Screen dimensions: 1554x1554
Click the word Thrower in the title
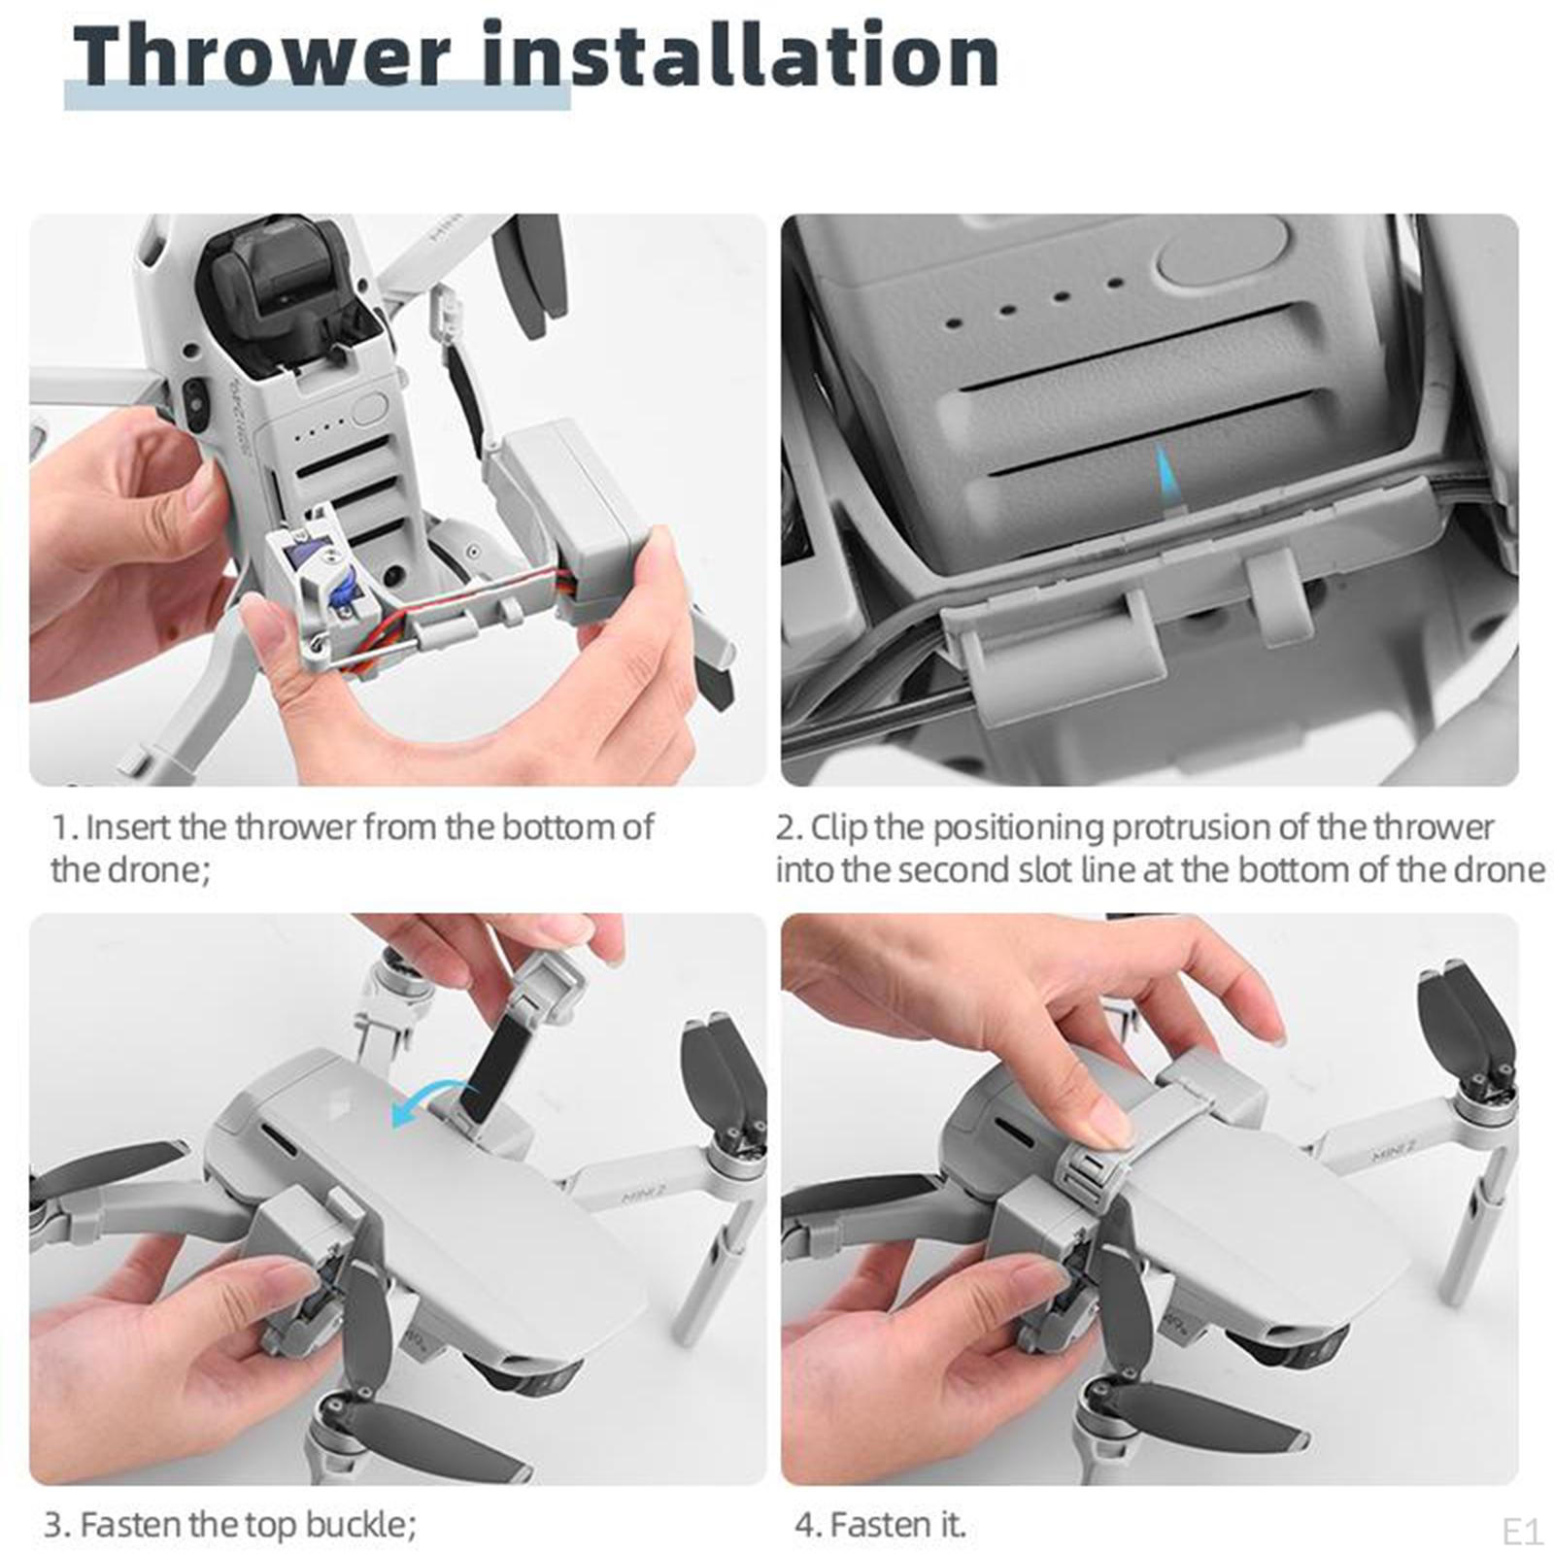point(262,55)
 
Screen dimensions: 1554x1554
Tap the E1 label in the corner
point(1522,1532)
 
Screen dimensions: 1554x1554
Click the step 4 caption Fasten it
point(880,1525)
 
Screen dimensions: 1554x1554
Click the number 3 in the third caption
point(55,1525)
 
